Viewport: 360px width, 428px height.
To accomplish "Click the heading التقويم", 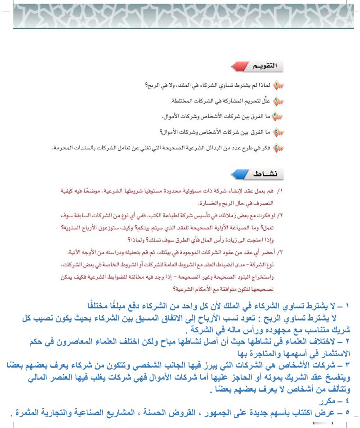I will click(261, 67).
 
